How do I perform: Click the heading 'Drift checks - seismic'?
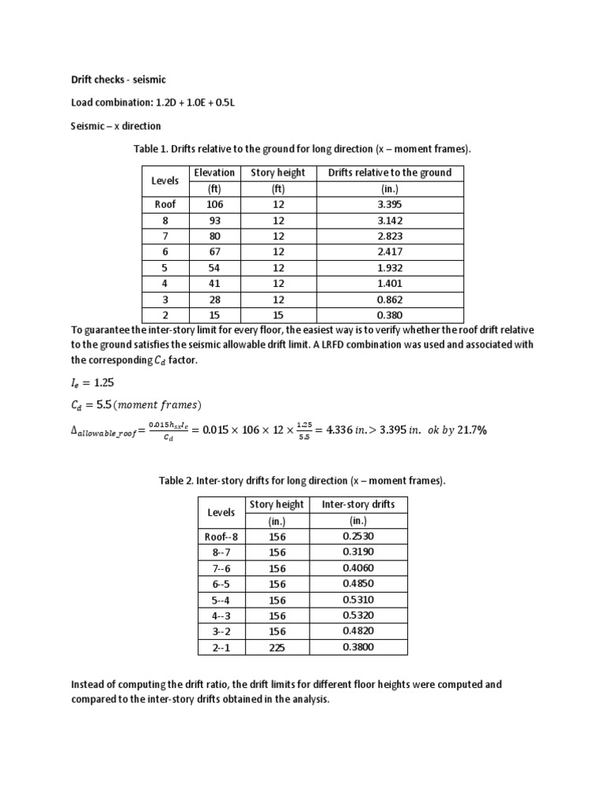coord(113,80)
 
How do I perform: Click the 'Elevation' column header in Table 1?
coord(213,173)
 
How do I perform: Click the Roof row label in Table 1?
coord(165,204)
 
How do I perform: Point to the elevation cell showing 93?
coord(214,221)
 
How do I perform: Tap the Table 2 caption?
coord(302,481)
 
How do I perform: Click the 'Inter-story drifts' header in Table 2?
coord(358,504)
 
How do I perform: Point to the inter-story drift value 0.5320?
coord(358,615)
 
